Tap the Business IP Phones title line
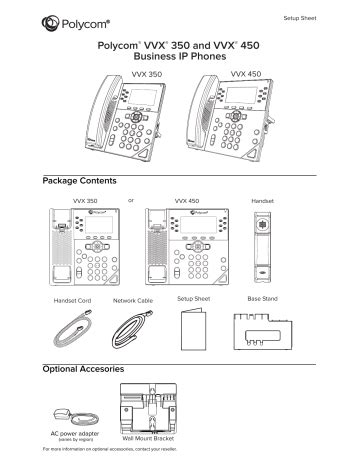pos(180,57)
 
